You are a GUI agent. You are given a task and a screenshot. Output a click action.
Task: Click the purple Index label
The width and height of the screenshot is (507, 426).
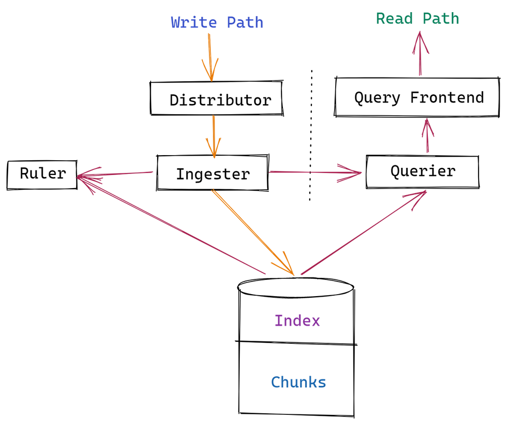[x=297, y=321]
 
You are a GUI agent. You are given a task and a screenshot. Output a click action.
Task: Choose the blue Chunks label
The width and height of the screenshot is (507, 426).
[x=298, y=382]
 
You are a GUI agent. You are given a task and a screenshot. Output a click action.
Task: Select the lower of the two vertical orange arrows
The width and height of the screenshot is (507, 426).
[x=214, y=136]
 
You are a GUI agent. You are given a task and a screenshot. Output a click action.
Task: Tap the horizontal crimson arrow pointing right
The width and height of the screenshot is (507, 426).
[x=314, y=172]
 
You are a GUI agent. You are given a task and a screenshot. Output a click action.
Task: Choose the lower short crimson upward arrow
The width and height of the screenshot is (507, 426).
[x=428, y=136]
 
